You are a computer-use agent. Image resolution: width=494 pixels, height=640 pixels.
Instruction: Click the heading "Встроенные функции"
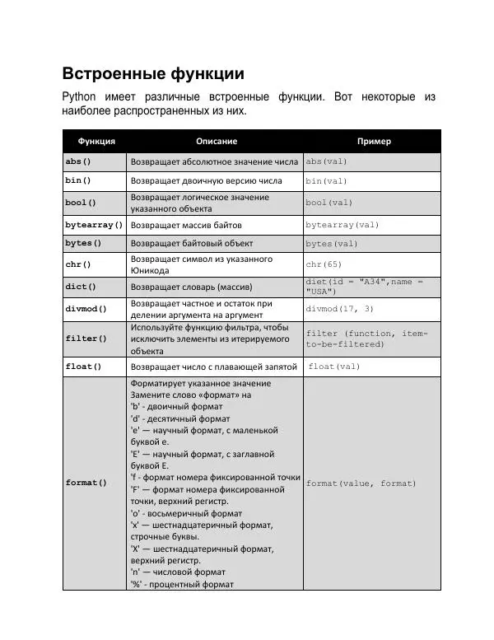click(153, 73)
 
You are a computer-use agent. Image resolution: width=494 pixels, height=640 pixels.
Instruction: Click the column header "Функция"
click(96, 141)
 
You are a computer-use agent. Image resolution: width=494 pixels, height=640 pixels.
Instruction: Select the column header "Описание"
click(217, 141)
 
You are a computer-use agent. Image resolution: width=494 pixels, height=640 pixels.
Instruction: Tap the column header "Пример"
click(374, 141)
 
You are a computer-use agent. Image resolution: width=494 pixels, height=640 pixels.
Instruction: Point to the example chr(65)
click(324, 264)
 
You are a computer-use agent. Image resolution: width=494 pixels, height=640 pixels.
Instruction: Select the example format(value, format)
click(361, 484)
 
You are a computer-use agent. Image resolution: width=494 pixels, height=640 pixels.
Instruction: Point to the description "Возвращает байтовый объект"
click(192, 244)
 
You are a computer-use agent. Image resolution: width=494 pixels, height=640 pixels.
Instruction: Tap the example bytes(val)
click(332, 244)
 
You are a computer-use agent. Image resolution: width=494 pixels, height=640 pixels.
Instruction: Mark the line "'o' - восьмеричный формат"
click(186, 513)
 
